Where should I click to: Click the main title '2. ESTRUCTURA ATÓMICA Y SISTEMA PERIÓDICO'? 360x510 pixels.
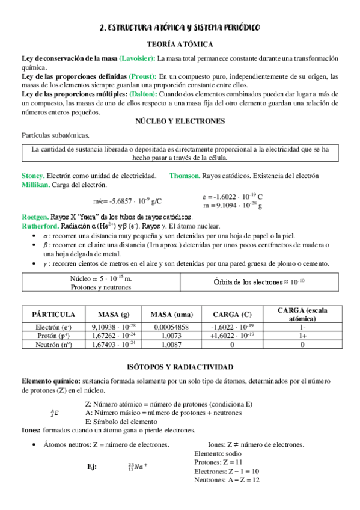pyautogui.click(x=180, y=29)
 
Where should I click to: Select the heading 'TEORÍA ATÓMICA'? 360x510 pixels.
pyautogui.click(x=180, y=45)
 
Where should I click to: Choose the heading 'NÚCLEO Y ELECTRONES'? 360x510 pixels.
pyautogui.click(x=180, y=121)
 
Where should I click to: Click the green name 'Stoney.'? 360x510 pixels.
pyautogui.click(x=33, y=176)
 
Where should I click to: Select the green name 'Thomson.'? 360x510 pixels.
pyautogui.click(x=184, y=176)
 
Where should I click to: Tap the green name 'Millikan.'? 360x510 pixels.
pyautogui.click(x=35, y=185)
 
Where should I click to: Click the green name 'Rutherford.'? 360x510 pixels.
pyautogui.click(x=40, y=226)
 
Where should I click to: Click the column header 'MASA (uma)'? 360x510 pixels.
pyautogui.click(x=171, y=315)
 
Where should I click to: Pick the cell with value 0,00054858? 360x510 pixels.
pyautogui.click(x=171, y=327)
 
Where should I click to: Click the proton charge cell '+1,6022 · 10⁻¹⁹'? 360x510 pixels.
pyautogui.click(x=232, y=336)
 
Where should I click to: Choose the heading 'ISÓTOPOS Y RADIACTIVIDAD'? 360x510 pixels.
pyautogui.click(x=180, y=367)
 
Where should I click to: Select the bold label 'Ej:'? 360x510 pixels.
pyautogui.click(x=93, y=467)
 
